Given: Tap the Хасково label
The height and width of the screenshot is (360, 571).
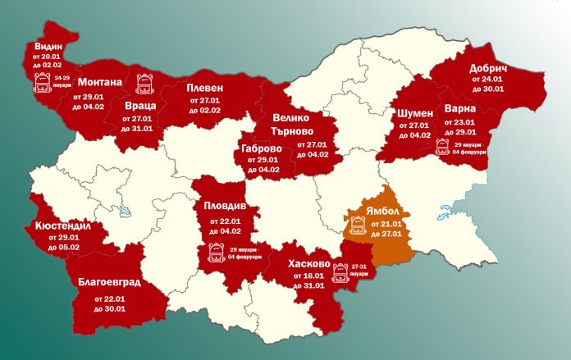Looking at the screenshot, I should pyautogui.click(x=308, y=264).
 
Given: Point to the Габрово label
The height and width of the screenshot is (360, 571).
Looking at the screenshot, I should pyautogui.click(x=263, y=148).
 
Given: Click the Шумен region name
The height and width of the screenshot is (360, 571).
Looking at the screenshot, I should pyautogui.click(x=414, y=112).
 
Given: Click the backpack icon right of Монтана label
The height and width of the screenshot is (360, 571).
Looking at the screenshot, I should pyautogui.click(x=144, y=82).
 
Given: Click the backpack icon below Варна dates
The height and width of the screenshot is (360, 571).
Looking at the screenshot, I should pyautogui.click(x=443, y=148).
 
